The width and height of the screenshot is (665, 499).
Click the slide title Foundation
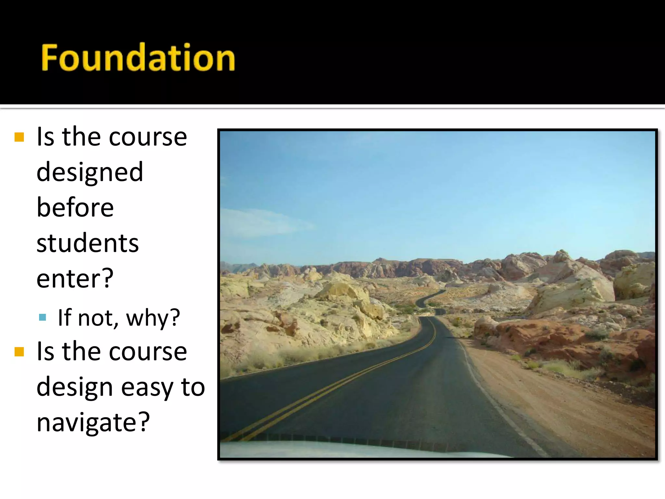point(138,58)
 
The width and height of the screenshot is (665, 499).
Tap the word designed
point(90,172)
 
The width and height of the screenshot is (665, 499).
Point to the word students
point(87,243)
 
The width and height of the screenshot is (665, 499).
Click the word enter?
point(75,278)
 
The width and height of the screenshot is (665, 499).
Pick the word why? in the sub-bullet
point(153,317)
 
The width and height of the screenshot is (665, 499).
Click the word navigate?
point(93,422)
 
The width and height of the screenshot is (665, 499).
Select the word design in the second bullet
point(74,387)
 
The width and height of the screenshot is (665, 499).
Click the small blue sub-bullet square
point(42,317)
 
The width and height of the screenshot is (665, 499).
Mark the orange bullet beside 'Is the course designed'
point(19,137)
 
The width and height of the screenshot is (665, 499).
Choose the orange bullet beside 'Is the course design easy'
point(19,352)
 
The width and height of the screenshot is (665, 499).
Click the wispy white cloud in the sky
point(260,223)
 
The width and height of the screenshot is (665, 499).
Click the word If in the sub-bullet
point(64,317)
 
